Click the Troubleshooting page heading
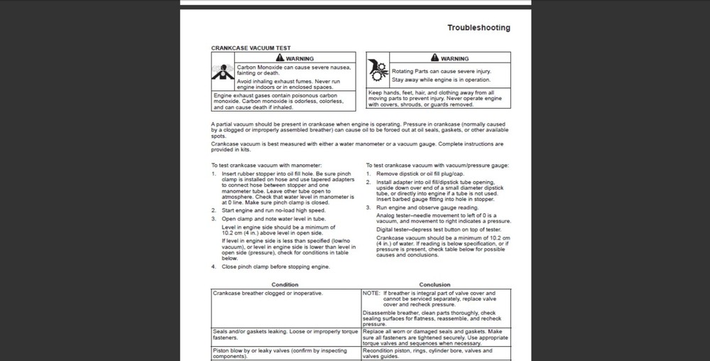click(x=478, y=28)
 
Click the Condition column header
click(x=285, y=284)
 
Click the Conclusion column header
click(x=435, y=284)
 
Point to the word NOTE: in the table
click(x=371, y=293)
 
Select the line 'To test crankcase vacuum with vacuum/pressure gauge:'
click(x=437, y=166)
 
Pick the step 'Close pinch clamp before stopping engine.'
click(x=275, y=266)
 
